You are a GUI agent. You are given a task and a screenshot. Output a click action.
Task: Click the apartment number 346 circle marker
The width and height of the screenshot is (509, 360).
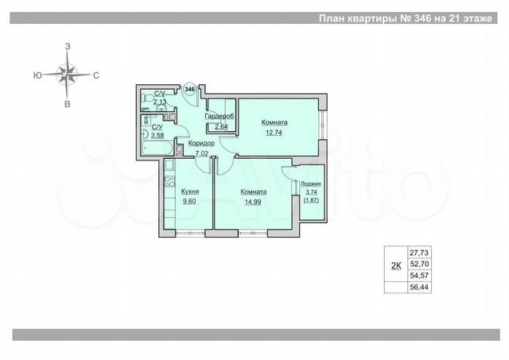click(x=189, y=89)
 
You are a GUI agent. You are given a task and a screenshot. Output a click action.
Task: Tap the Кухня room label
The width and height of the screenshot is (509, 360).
click(x=189, y=192)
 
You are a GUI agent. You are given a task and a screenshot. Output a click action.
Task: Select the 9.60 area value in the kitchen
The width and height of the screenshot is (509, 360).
click(x=189, y=201)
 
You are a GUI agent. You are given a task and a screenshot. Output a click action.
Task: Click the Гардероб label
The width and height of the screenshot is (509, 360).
click(x=218, y=116)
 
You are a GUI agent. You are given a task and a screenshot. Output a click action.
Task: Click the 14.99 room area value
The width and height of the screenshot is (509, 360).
click(x=254, y=201)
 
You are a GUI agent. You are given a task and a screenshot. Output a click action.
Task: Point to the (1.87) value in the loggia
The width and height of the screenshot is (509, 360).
click(x=311, y=201)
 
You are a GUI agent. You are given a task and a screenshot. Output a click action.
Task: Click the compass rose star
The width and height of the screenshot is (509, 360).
click(x=68, y=75)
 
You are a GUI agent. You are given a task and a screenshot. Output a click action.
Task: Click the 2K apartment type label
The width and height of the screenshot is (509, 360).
click(x=395, y=266)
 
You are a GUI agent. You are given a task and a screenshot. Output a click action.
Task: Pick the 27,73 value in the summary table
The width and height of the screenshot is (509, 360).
click(x=418, y=252)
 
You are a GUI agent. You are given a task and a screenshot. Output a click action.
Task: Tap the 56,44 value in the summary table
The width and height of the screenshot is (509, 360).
click(x=418, y=287)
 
